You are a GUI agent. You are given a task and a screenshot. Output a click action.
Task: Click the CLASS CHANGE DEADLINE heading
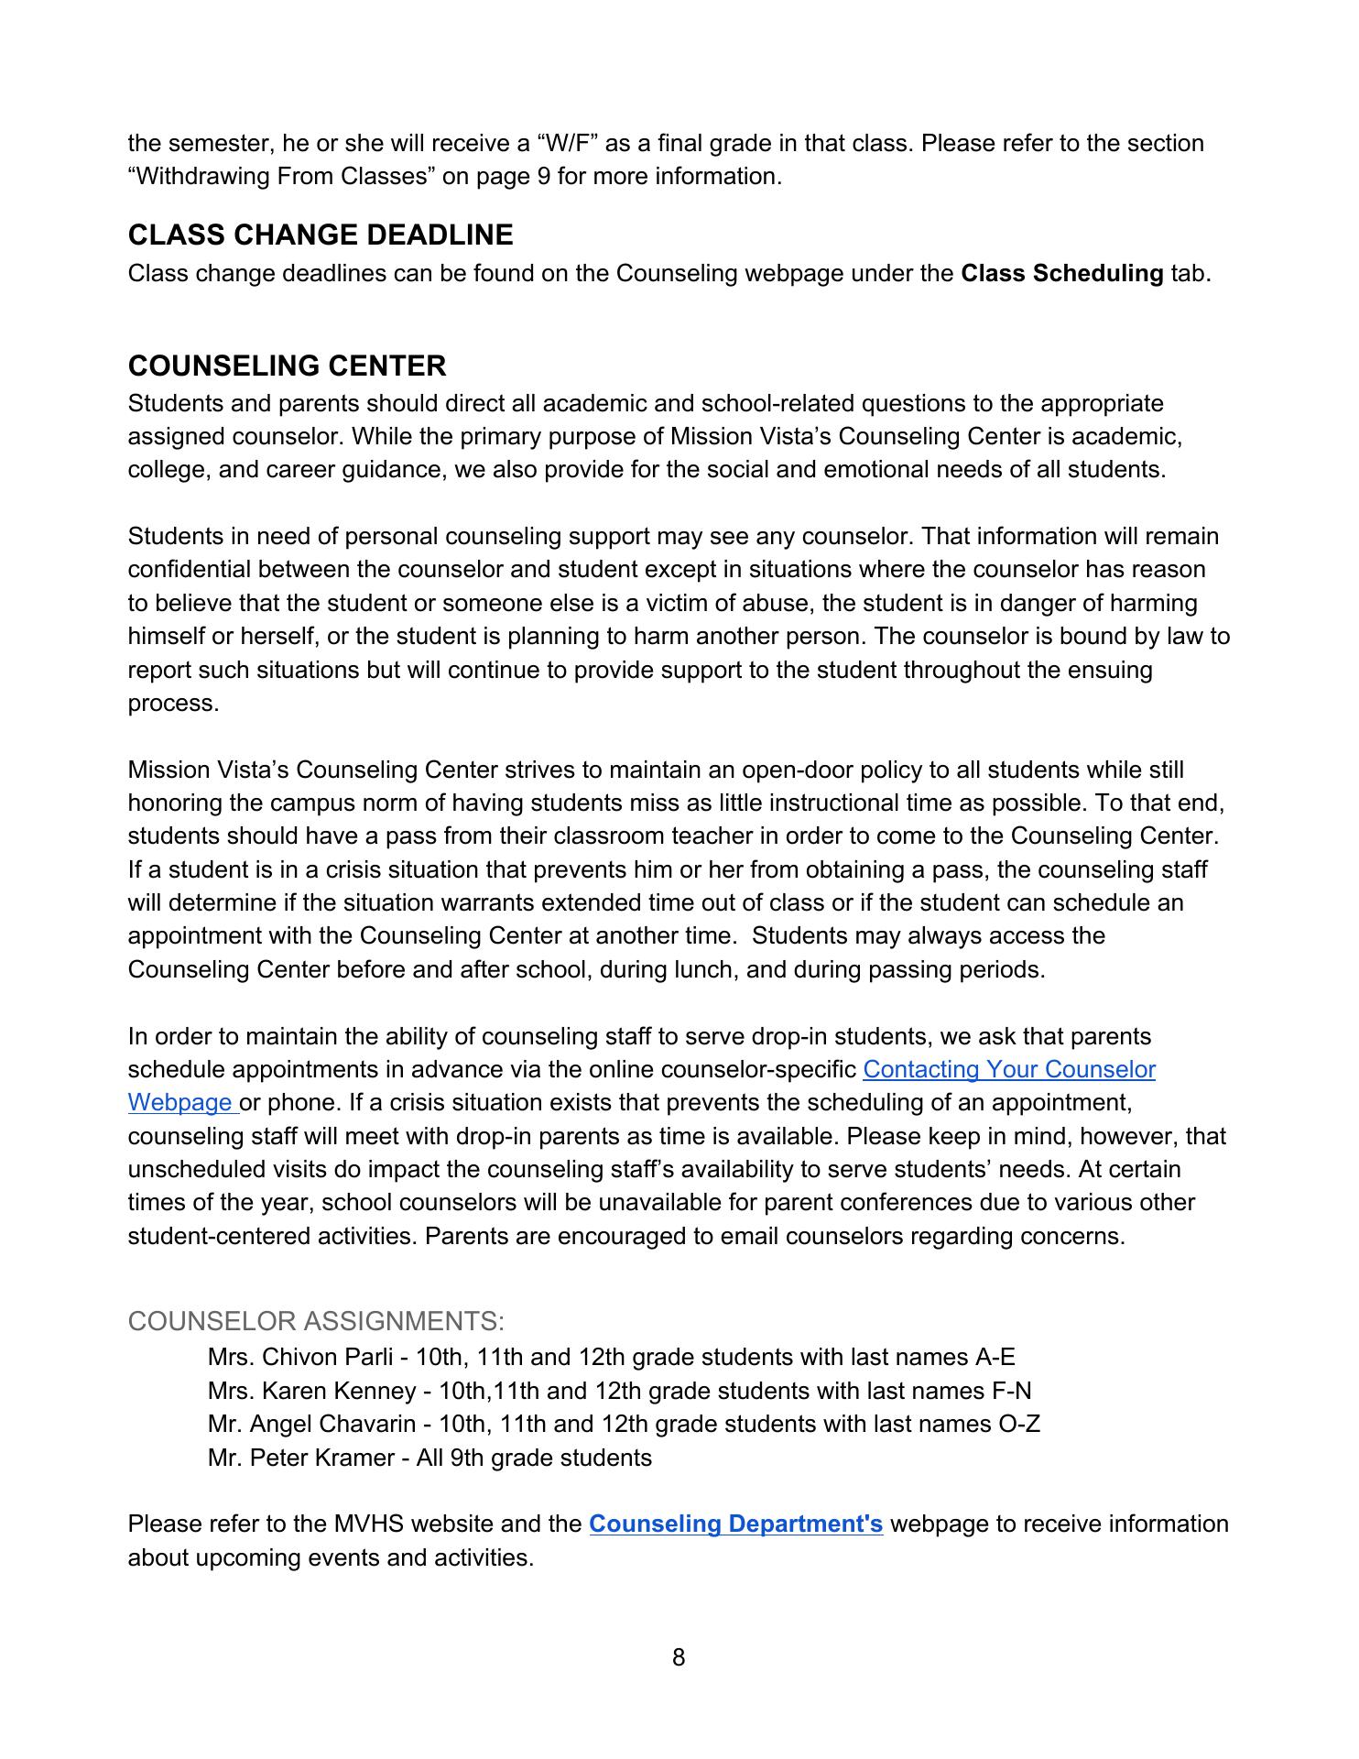[x=321, y=235]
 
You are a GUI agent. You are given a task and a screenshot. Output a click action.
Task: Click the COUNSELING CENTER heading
[x=288, y=366]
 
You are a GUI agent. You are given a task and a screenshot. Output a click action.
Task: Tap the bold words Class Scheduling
[x=1061, y=273]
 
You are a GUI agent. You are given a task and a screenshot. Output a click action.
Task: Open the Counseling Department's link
[x=735, y=1524]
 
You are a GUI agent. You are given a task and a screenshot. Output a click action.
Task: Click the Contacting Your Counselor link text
[x=1008, y=1069]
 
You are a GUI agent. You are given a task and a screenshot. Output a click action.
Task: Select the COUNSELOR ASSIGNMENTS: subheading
[x=316, y=1321]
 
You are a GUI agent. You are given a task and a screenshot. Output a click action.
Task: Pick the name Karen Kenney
[x=339, y=1391]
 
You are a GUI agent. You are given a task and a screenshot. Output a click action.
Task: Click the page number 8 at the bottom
[x=679, y=1656]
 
